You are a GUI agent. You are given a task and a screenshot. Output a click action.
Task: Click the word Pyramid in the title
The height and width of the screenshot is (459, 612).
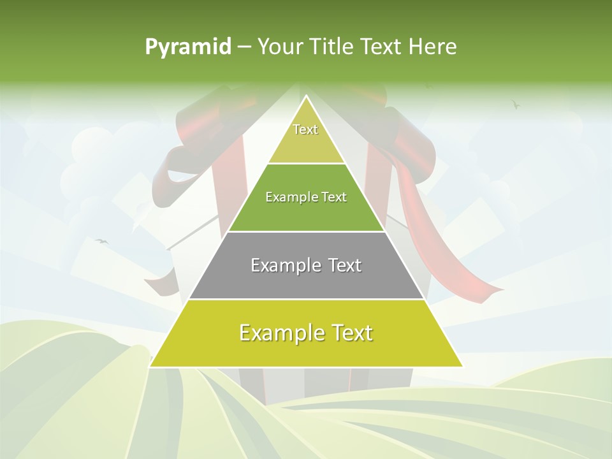pyautogui.click(x=187, y=47)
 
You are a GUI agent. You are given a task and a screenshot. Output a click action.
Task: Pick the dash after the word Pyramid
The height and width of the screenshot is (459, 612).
pyautogui.click(x=244, y=47)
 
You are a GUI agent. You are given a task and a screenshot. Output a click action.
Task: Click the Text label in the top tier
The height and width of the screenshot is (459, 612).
pyautogui.click(x=305, y=129)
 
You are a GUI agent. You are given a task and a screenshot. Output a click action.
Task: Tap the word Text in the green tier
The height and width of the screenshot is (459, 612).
pyautogui.click(x=334, y=198)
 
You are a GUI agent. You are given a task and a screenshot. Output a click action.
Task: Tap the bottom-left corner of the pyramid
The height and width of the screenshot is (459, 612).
pyautogui.click(x=150, y=366)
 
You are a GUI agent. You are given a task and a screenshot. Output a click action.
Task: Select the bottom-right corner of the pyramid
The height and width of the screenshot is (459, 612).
pyautogui.click(x=462, y=366)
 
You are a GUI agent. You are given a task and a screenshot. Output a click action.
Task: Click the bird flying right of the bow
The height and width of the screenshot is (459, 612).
pyautogui.click(x=515, y=103)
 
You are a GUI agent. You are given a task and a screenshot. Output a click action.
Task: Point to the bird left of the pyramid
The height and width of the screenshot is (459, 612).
pyautogui.click(x=101, y=241)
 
